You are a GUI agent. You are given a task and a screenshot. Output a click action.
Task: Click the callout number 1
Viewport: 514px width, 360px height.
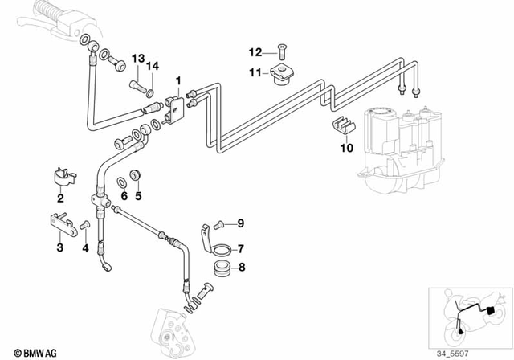click(x=178, y=80)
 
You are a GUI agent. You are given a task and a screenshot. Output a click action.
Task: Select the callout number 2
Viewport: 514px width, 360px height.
click(x=59, y=198)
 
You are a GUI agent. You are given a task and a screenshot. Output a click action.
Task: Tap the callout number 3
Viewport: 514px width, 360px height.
click(x=59, y=247)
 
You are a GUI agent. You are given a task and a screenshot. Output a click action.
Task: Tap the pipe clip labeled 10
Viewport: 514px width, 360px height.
click(x=342, y=127)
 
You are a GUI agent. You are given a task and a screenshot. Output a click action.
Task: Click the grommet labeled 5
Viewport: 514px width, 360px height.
click(x=137, y=175)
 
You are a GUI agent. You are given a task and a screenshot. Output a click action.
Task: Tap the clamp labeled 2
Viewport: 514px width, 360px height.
click(x=60, y=175)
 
